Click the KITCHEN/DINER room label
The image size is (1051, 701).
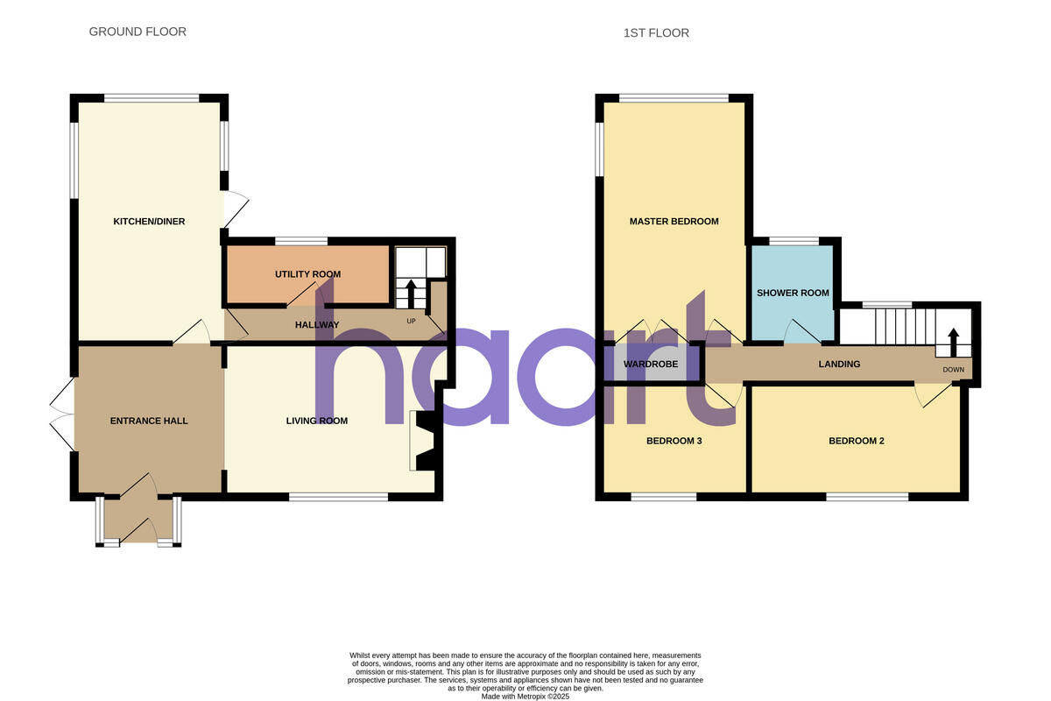pos(149,222)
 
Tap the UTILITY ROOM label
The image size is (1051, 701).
pos(307,274)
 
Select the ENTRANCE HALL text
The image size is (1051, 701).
pos(149,421)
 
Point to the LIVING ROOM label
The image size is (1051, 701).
pos(317,421)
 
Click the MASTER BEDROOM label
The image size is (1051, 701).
pos(674,222)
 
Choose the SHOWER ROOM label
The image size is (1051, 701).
pos(793,294)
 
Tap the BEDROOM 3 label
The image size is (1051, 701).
pos(674,441)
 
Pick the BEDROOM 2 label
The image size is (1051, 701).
pos(856,441)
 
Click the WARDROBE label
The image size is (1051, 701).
pos(651,364)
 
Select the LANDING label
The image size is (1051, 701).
pos(839,364)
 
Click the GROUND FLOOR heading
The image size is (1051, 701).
pos(138,32)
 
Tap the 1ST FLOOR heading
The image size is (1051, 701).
pos(656,33)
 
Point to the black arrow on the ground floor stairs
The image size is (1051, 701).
pos(410,292)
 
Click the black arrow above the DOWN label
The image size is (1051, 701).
pos(954,343)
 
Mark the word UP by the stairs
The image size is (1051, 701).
pos(411,321)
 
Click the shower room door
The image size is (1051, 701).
pos(799,332)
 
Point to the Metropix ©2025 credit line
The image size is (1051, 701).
pos(525,697)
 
